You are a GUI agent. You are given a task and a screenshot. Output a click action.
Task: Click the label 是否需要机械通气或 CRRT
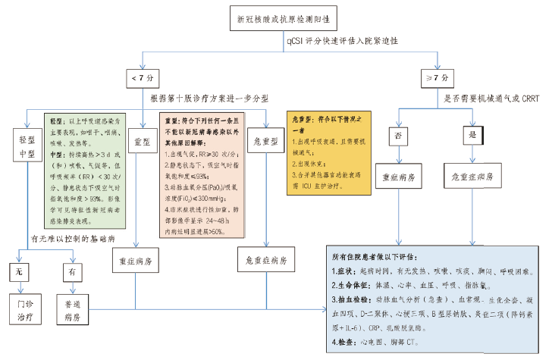pyautogui.click(x=493, y=98)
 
